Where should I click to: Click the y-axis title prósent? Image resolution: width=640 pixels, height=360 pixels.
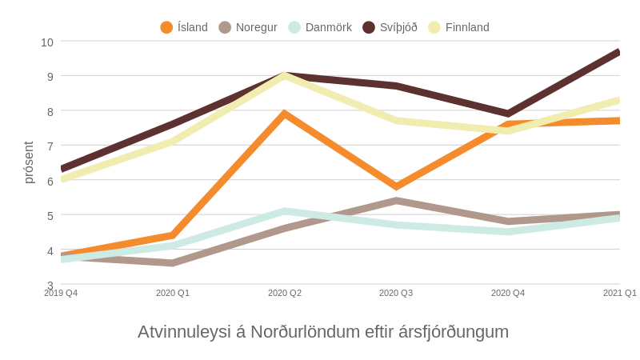(x=29, y=162)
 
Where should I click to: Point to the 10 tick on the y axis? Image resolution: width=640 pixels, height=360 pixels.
(x=47, y=42)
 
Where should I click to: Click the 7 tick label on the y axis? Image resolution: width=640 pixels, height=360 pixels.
(x=50, y=146)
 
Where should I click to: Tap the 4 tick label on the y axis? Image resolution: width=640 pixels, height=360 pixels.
(x=50, y=250)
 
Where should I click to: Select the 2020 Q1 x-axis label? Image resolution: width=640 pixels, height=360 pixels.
(x=173, y=293)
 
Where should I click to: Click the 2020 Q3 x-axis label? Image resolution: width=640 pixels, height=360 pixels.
(x=396, y=293)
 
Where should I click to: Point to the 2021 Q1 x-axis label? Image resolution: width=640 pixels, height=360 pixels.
(x=619, y=293)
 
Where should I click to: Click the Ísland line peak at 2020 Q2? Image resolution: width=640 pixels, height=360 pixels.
(x=285, y=114)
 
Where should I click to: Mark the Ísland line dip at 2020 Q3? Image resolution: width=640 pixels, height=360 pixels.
(x=396, y=186)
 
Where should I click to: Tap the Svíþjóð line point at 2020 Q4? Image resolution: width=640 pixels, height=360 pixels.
(x=508, y=114)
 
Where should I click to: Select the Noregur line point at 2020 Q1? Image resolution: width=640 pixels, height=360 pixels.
(x=173, y=263)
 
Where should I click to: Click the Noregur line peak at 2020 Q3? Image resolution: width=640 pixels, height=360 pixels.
(x=396, y=201)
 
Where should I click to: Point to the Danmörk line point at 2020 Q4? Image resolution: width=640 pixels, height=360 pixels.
(x=508, y=232)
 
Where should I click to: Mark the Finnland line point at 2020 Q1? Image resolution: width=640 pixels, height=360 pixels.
(x=173, y=142)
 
